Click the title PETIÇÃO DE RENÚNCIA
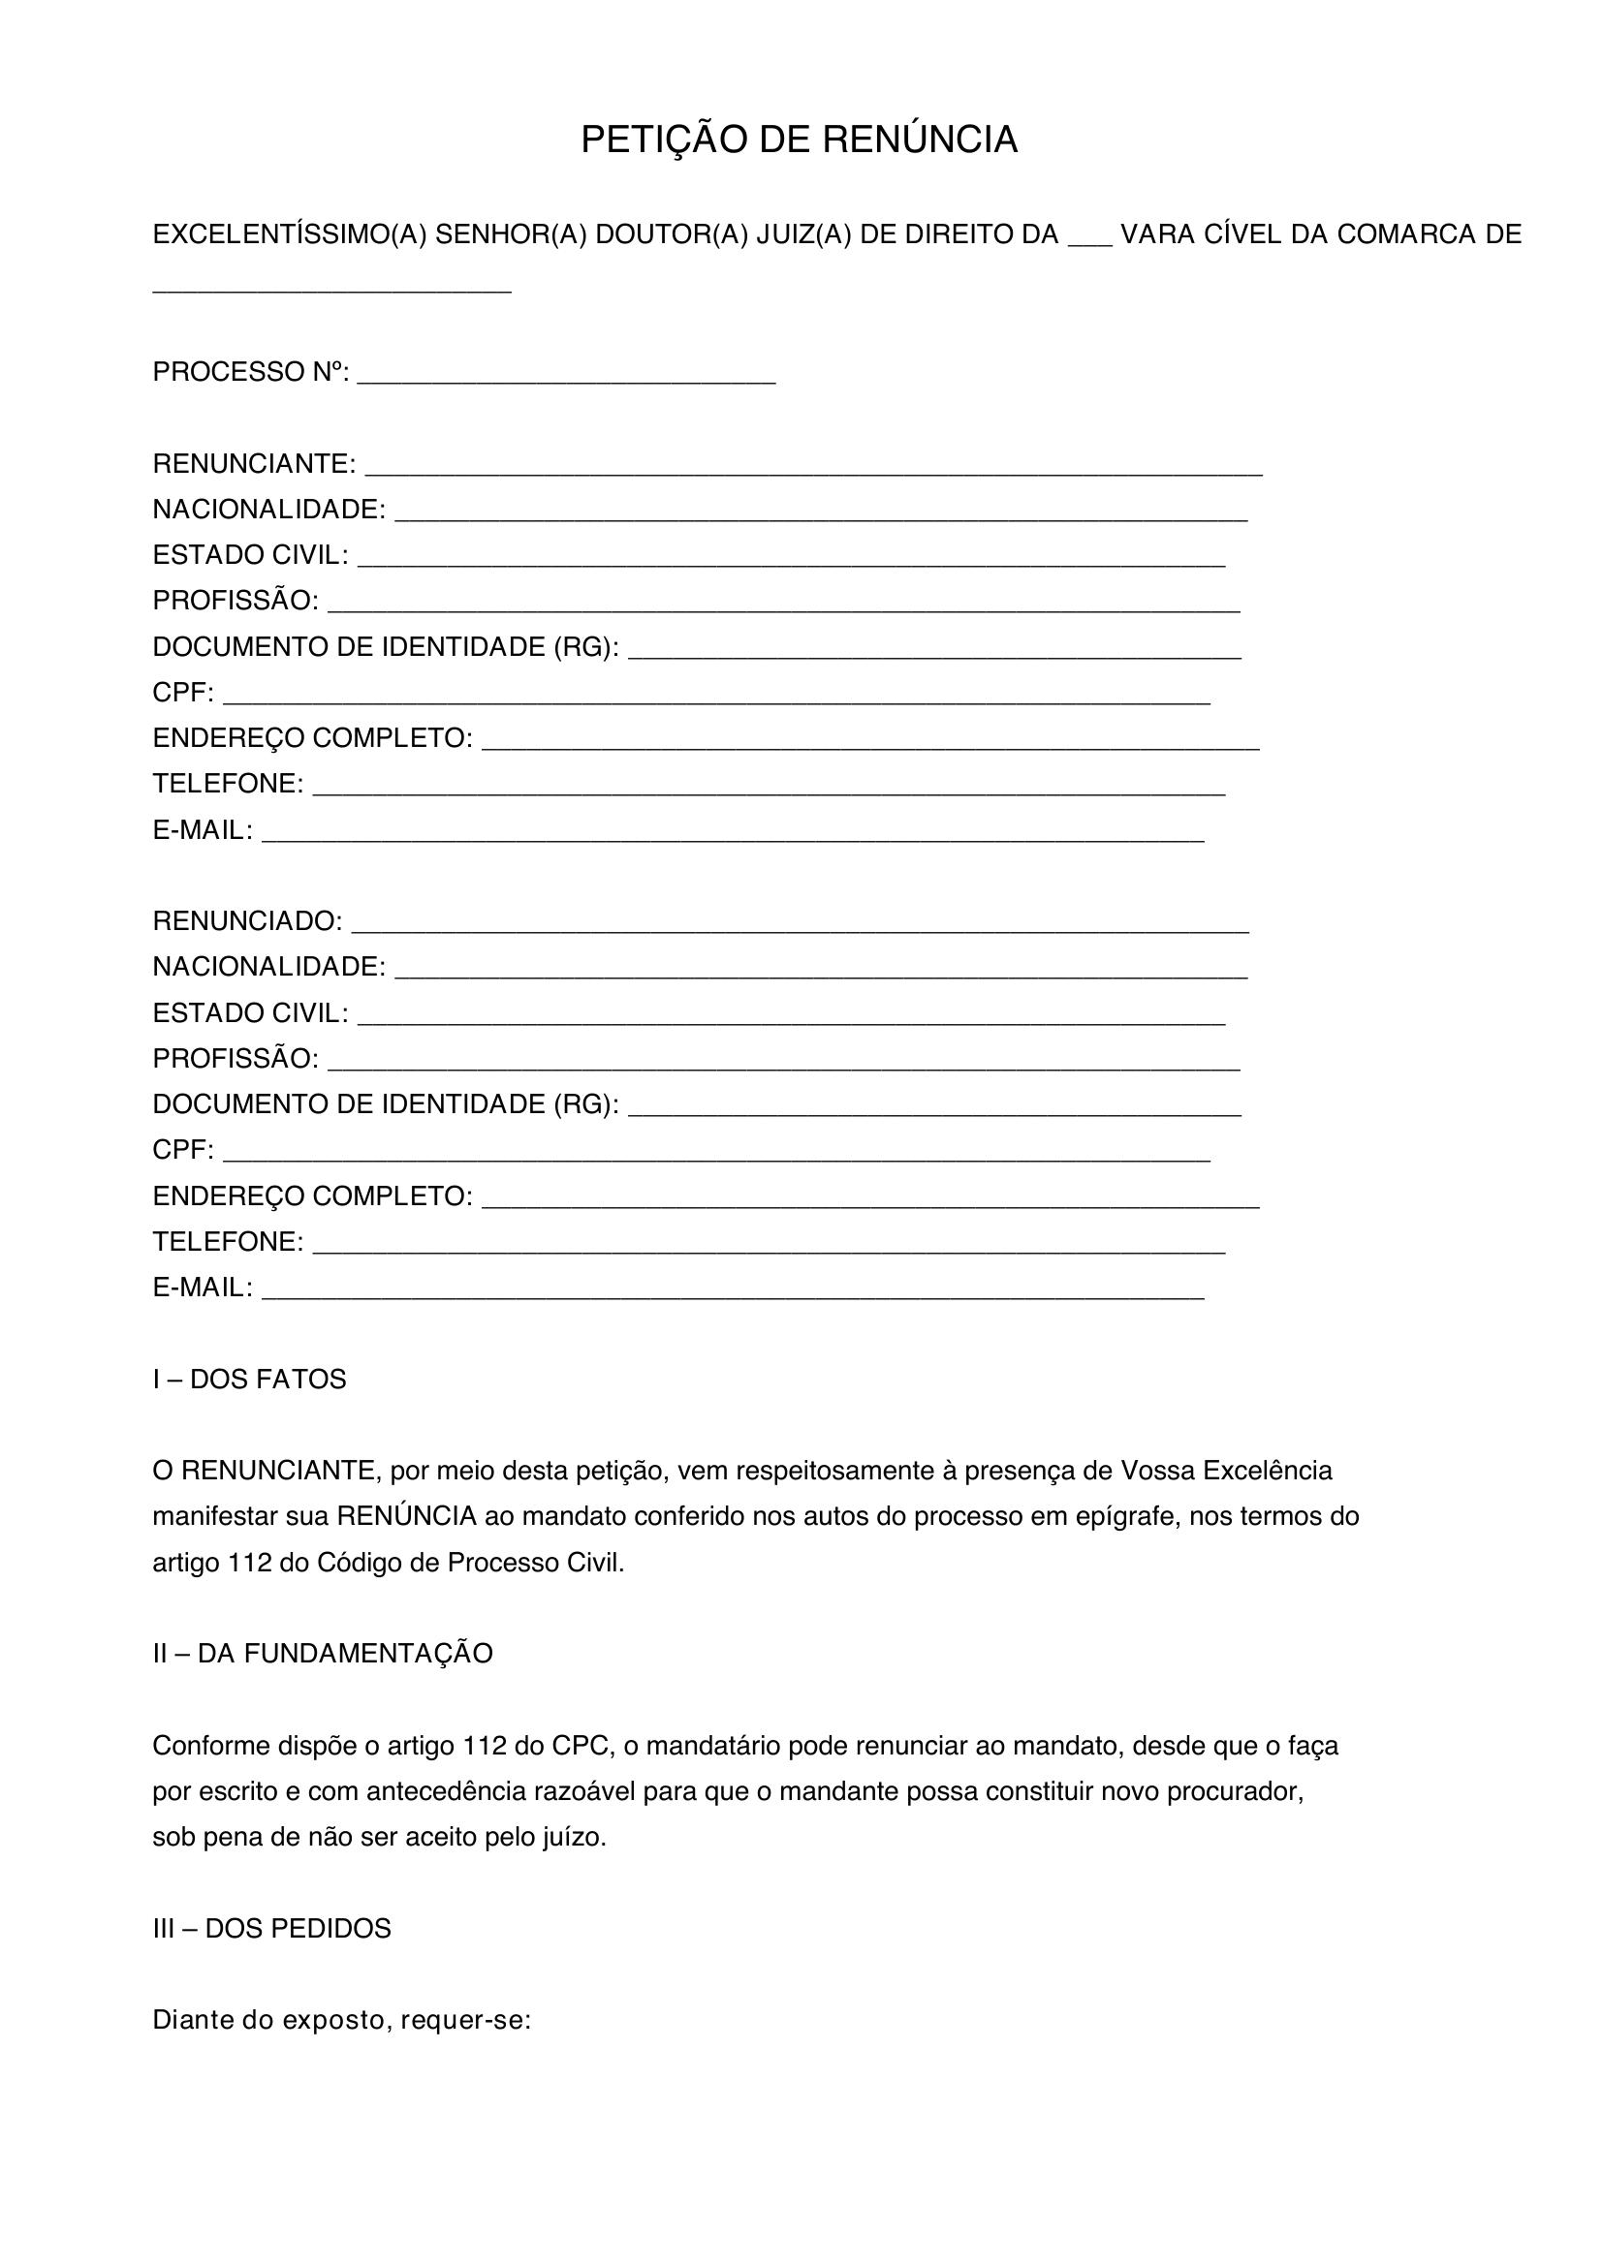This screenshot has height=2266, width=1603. pyautogui.click(x=799, y=140)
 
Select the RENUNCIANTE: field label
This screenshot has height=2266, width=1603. pyautogui.click(x=254, y=463)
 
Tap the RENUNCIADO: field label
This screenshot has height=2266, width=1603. pyautogui.click(x=247, y=920)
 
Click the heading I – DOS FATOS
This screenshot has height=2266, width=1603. pyautogui.click(x=249, y=1380)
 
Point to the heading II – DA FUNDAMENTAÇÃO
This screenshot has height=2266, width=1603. pyautogui.click(x=322, y=1654)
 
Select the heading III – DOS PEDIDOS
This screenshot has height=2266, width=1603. pyautogui.click(x=271, y=1929)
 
